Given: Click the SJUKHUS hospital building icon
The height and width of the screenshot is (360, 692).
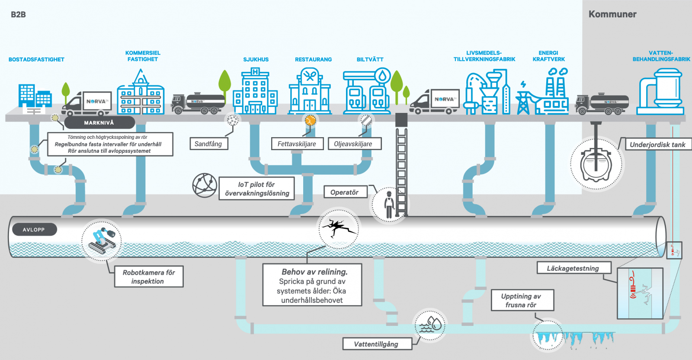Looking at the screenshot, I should pyautogui.click(x=255, y=92).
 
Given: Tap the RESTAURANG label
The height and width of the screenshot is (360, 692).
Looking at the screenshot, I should pyautogui.click(x=313, y=60).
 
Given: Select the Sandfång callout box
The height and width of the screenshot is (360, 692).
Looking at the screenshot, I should pyautogui.click(x=208, y=144).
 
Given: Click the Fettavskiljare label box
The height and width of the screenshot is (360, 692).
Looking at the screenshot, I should pyautogui.click(x=297, y=144).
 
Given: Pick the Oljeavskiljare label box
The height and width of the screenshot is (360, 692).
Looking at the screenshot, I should pyautogui.click(x=353, y=144).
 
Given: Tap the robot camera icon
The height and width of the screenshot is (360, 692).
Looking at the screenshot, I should pyautogui.click(x=102, y=241).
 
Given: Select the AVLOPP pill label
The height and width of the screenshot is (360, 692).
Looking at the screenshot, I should pyautogui.click(x=34, y=230).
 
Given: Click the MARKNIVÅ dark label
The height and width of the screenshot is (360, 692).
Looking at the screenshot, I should pyautogui.click(x=99, y=123).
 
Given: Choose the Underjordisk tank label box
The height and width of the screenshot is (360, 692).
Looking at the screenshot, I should pyautogui.click(x=657, y=145).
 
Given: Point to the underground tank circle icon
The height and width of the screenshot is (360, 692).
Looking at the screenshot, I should pyautogui.click(x=596, y=164).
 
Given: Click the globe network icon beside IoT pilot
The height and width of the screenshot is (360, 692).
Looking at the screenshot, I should pyautogui.click(x=205, y=186).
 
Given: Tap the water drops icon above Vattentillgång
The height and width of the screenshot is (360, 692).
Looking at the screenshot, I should pyautogui.click(x=430, y=325).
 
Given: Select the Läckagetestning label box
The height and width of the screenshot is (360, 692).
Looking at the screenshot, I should pyautogui.click(x=573, y=268).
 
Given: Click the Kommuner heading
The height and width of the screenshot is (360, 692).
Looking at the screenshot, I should pyautogui.click(x=612, y=14).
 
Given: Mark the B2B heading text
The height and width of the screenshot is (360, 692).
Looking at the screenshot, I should pyautogui.click(x=18, y=15).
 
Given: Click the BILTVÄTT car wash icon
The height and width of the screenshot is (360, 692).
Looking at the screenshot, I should pyautogui.click(x=367, y=92).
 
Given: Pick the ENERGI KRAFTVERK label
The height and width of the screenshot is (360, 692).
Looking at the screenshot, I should pyautogui.click(x=548, y=56).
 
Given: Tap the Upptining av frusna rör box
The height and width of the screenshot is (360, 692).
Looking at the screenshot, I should pyautogui.click(x=522, y=300).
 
